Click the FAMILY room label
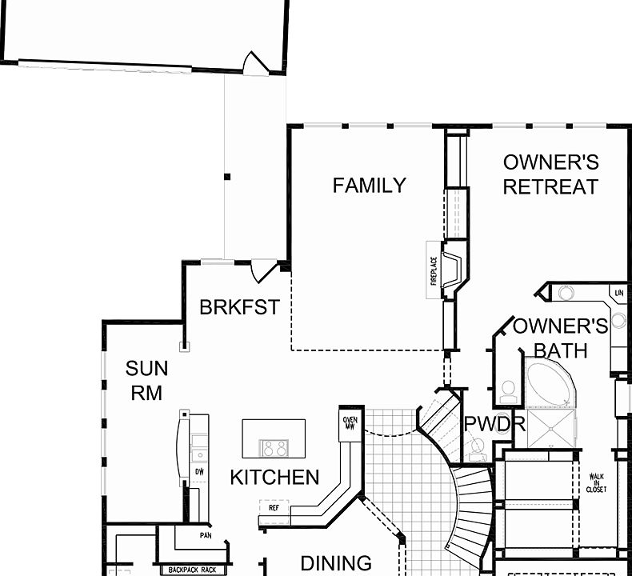point(369,186)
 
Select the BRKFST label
point(239,306)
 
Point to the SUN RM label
point(147,381)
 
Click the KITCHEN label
point(274,478)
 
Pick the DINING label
point(336,563)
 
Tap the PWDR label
point(494,424)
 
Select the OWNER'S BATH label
point(560,338)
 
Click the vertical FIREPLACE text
point(434,270)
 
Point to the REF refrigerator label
point(274,507)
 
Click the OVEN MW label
point(350,422)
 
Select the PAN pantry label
point(206,535)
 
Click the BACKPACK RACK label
point(191,570)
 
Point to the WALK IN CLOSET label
point(596,482)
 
